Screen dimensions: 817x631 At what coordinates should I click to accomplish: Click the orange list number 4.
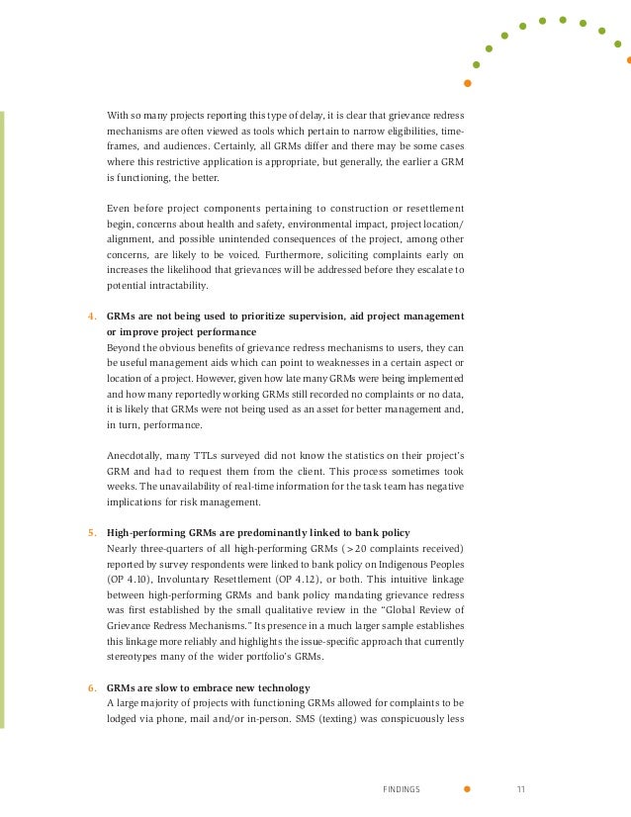92,316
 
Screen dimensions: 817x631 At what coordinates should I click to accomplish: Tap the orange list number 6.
92,687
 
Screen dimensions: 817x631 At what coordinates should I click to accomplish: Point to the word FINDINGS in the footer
401,789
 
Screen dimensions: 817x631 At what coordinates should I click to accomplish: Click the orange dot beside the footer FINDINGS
467,789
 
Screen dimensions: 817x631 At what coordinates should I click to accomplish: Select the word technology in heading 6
285,687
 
